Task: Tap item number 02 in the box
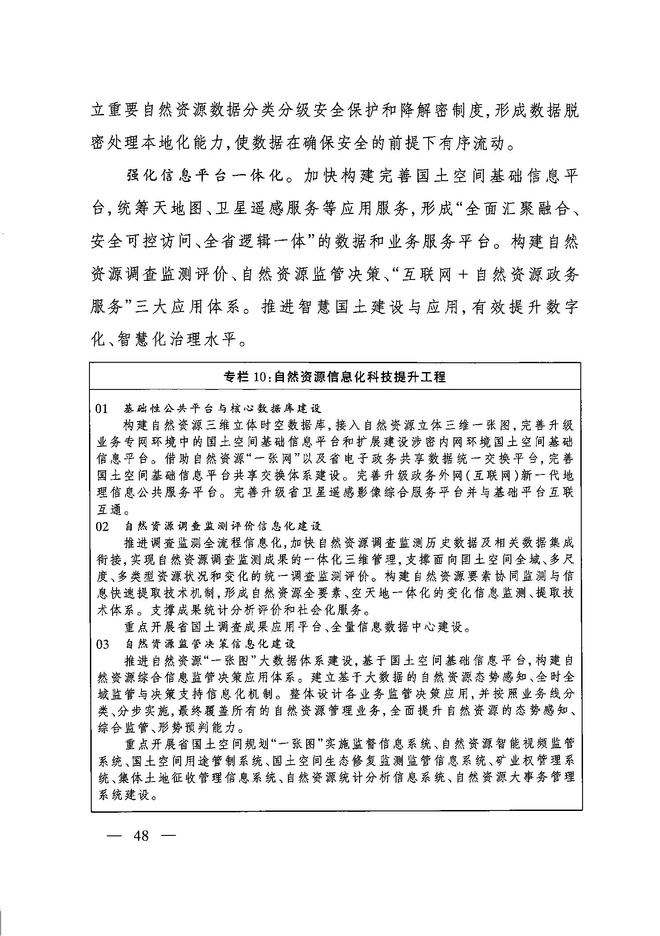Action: [x=102, y=527]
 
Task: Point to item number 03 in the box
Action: [x=102, y=644]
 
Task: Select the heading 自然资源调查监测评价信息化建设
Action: [x=223, y=527]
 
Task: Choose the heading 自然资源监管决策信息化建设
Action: [x=210, y=644]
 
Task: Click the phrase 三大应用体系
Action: [x=185, y=307]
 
